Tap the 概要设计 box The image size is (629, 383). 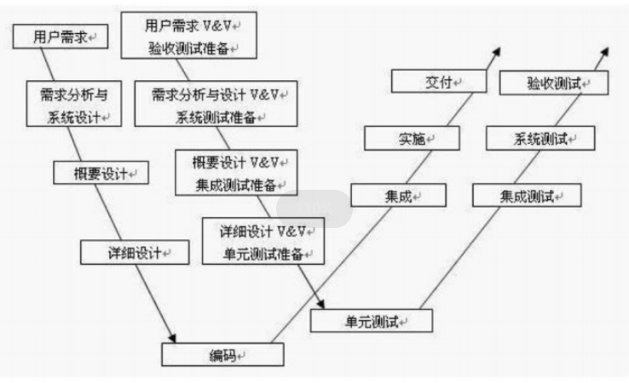click(99, 173)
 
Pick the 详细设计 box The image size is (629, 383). click(135, 252)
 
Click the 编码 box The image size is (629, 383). click(222, 353)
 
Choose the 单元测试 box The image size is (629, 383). click(372, 320)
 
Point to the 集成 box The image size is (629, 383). click(397, 196)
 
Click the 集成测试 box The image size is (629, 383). click(527, 196)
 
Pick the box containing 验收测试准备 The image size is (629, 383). click(188, 35)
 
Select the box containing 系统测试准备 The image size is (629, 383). click(219, 104)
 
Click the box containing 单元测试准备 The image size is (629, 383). click(263, 242)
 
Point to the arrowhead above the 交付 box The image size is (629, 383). click(495, 51)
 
